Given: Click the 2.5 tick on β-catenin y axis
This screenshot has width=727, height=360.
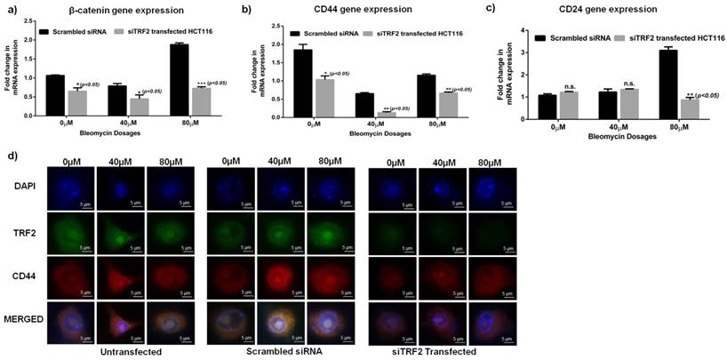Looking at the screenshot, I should [x=33, y=27].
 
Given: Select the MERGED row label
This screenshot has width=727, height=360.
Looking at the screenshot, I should [x=25, y=317].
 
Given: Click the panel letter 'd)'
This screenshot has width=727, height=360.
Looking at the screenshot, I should [x=11, y=156].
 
